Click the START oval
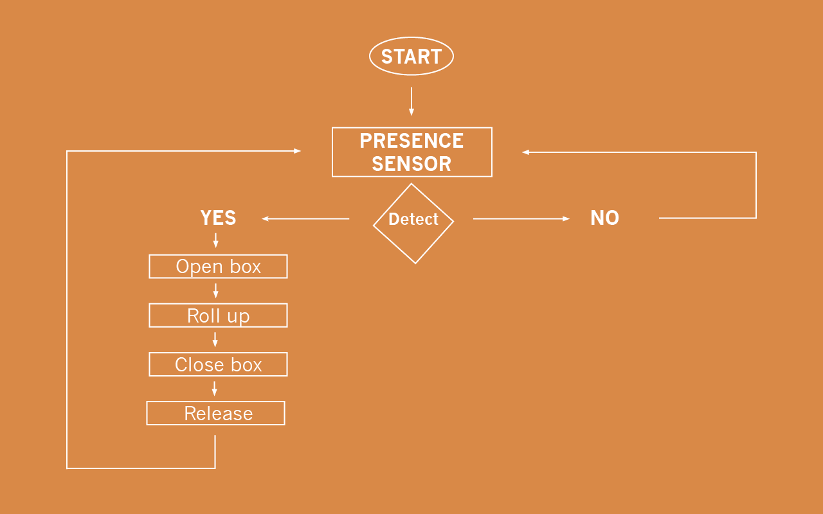pos(411,57)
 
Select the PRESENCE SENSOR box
pos(411,152)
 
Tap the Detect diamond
pos(413,223)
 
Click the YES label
pos(218,218)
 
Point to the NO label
pos(604,218)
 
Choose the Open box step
pos(218,267)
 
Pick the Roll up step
pos(218,315)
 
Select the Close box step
pos(218,364)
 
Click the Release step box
pos(215,413)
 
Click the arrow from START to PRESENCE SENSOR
pos(411,102)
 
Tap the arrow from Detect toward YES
pos(305,219)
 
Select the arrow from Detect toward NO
pos(521,219)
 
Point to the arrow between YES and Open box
pos(215,240)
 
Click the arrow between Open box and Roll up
pos(215,290)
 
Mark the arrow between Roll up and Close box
pos(215,339)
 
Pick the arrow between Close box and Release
pos(215,388)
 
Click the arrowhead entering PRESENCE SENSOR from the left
pos(297,151)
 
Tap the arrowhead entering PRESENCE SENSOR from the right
pos(526,152)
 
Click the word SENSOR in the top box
pos(411,164)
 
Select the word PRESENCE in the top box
pos(411,141)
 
